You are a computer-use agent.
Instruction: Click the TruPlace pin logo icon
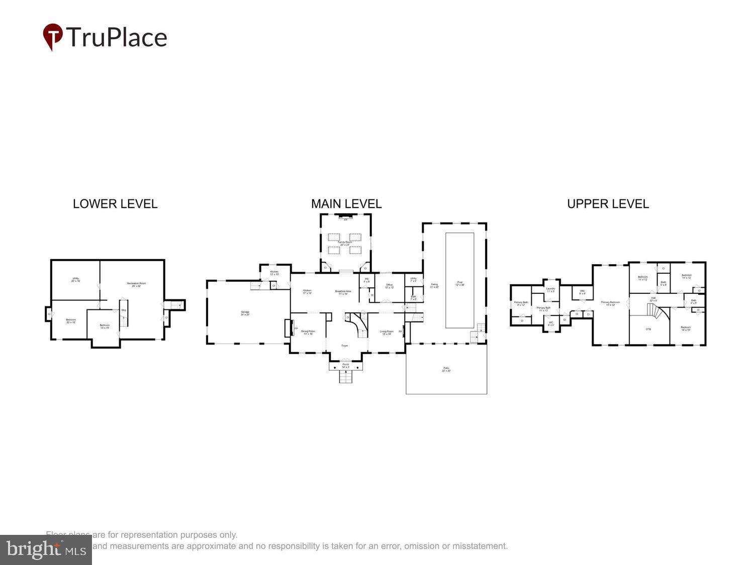click(x=52, y=36)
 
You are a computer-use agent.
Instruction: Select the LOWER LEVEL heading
click(x=115, y=204)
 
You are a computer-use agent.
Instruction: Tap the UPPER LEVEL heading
click(x=608, y=204)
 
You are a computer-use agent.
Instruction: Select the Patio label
click(x=446, y=370)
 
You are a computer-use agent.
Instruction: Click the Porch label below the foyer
click(x=345, y=366)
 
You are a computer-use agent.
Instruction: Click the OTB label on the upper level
click(x=648, y=329)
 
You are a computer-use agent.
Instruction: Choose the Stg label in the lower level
click(x=124, y=310)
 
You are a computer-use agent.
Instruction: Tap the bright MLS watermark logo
click(x=46, y=550)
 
